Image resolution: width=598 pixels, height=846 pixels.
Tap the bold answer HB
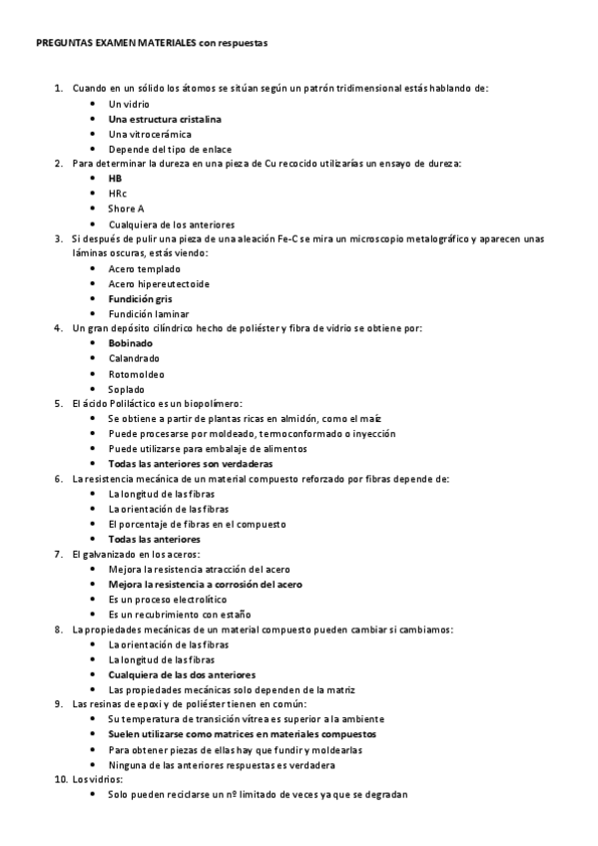115,179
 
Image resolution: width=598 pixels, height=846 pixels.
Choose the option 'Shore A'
126,209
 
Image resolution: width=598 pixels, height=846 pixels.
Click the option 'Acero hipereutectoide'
159,283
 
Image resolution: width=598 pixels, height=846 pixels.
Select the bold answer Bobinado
131,343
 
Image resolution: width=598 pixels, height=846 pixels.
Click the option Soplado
127,389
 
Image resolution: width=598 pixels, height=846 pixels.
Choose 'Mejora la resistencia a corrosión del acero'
205,585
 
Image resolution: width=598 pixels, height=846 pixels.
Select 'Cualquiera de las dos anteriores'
182,674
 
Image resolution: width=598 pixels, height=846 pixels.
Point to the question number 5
59,404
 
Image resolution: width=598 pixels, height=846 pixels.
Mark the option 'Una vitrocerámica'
150,134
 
